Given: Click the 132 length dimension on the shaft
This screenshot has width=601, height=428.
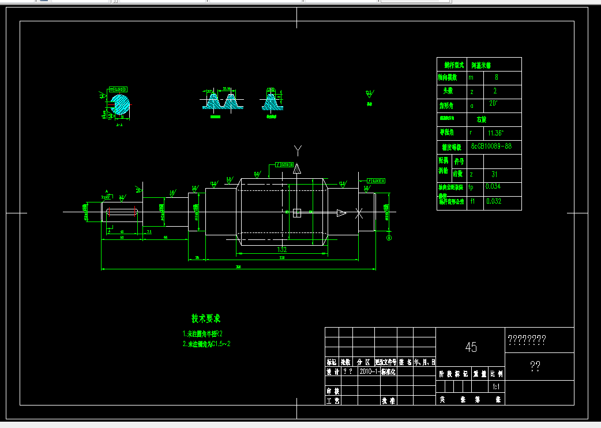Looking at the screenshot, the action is pos(282,250).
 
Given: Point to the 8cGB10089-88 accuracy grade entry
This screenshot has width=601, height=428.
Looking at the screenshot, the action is pos(491,147).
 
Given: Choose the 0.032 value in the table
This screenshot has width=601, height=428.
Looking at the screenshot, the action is pos(493,201).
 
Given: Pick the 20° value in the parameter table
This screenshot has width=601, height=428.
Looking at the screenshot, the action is pos(494,104).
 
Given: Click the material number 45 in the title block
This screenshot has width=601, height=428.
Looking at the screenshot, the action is pos(471,347).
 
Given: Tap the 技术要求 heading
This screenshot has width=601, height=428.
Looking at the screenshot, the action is pos(206,318).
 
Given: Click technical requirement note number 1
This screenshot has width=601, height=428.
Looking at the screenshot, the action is pos(202,334).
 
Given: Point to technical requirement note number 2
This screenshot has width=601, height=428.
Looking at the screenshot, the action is pos(206,344).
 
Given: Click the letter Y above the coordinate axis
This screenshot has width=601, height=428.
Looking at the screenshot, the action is pos(298,151).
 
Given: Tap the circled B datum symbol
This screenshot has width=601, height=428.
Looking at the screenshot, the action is pos(389,237).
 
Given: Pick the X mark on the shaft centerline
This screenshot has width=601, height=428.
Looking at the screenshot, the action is pos(359,213).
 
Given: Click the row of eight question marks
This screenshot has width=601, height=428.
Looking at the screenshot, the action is pos(526,340).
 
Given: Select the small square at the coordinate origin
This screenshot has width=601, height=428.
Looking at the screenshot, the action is pos(297,213).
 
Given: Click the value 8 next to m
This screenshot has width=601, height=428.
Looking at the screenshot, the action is pos(497,77).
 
